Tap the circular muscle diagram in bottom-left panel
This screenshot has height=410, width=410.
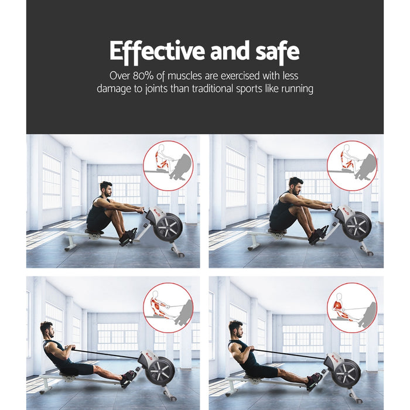click(168, 307)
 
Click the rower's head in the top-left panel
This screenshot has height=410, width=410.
click(105, 189)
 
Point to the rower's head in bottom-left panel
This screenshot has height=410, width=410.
click(47, 329)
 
